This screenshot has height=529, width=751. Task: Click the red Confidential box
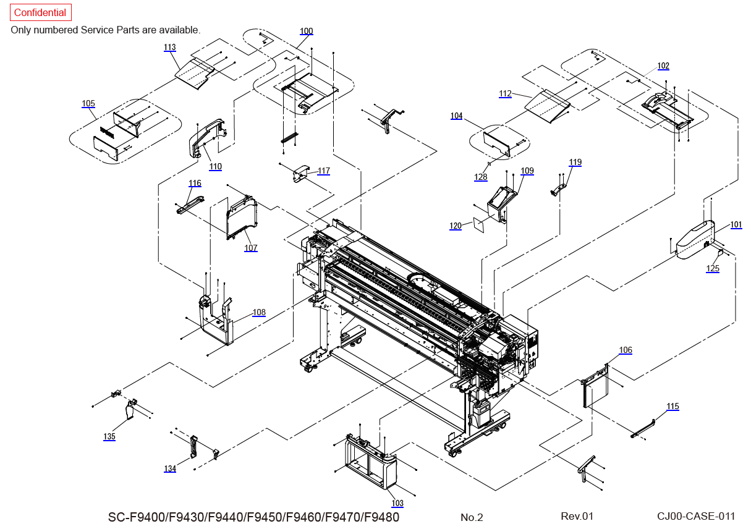point(40,12)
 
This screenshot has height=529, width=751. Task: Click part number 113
point(170,47)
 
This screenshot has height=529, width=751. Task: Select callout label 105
point(88,103)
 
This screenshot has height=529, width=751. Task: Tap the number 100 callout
point(307,31)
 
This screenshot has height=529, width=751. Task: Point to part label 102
point(663,66)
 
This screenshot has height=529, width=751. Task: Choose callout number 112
point(506,94)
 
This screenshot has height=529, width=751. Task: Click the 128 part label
point(481,177)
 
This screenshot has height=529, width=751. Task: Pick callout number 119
point(575,163)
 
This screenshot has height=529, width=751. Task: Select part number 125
point(713,268)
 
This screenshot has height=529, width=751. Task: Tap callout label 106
point(626,350)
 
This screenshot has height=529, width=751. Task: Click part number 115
point(673,406)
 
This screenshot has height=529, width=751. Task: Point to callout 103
point(397,504)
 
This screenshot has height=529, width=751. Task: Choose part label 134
point(170,468)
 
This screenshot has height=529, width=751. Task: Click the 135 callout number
point(109,436)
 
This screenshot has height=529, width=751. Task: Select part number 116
point(195,183)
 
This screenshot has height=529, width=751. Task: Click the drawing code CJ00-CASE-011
point(697,516)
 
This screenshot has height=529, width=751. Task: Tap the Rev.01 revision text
point(577,516)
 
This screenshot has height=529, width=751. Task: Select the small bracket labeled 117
point(300,173)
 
